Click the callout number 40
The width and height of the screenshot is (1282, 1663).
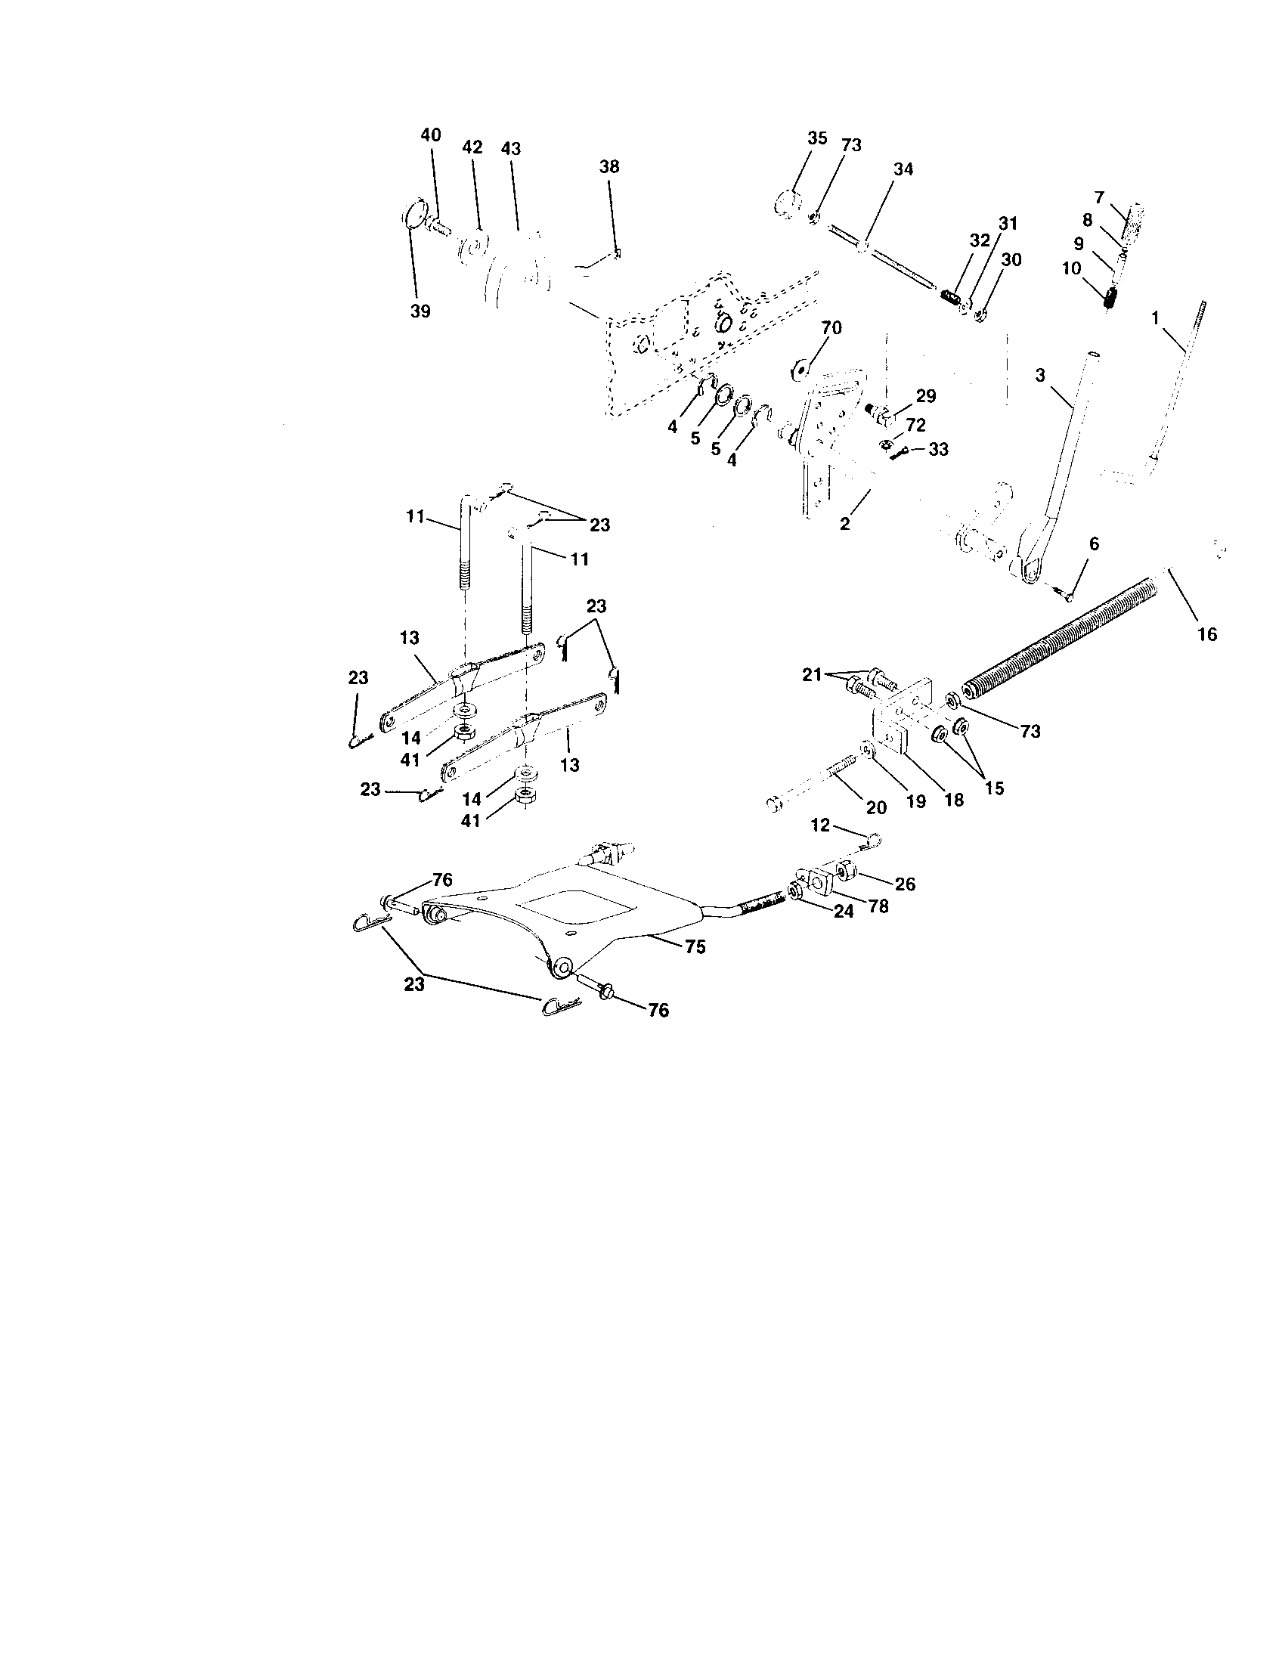pos(430,135)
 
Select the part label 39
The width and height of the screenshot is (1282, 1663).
pos(420,311)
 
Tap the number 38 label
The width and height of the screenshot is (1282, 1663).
pos(609,167)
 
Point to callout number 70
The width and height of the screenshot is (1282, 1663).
pos(831,328)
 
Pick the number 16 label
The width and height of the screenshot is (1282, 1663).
pos(1206,633)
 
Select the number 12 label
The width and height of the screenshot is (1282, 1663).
pos(819,825)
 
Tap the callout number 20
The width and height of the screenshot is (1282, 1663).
pos(876,807)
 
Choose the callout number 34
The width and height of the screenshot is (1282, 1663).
pos(903,169)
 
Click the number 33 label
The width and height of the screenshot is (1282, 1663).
pos(938,449)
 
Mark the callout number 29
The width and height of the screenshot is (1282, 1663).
pos(926,396)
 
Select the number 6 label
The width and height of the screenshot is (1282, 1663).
pos(1094,543)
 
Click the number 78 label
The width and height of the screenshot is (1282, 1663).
pos(878,907)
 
